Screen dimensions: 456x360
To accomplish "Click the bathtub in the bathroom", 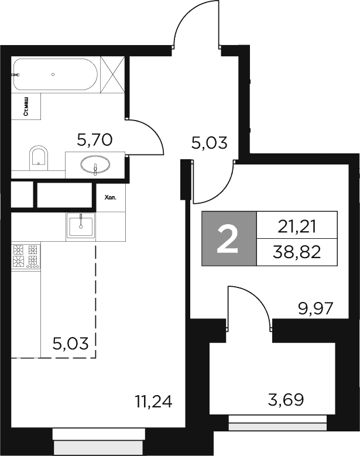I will click(55, 74).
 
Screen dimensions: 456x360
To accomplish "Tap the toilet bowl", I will click(39, 157).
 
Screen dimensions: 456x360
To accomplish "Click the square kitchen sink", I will click(81, 225).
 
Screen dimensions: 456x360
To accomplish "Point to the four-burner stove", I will click(25, 257).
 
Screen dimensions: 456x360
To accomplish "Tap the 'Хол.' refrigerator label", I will click(110, 198).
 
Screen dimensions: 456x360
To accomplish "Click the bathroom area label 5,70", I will click(95, 139).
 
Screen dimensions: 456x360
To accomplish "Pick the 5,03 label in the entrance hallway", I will click(210, 142).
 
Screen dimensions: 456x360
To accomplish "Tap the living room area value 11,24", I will click(153, 402).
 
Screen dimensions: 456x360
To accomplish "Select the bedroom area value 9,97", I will click(315, 308).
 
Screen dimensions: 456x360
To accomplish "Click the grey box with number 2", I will click(228, 239).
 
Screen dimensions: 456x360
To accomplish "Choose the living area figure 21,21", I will click(297, 224).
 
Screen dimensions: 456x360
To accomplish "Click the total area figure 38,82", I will click(297, 252).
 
